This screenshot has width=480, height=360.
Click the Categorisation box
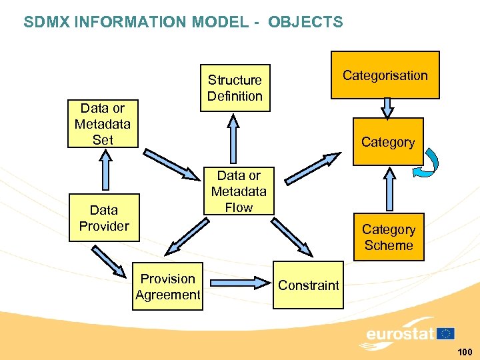click(385, 75)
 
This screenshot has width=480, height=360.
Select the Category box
click(388, 142)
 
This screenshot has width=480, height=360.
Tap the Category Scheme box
click(389, 237)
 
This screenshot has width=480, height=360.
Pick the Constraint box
click(308, 285)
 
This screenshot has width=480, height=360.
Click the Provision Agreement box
click(168, 287)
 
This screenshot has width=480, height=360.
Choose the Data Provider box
click(104, 218)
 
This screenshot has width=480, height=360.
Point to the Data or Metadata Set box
click(103, 124)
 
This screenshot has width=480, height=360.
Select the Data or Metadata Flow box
click(239, 191)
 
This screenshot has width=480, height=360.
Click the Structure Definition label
click(235, 88)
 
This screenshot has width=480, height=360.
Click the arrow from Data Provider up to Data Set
click(104, 170)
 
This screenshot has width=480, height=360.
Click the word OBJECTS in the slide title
click(305, 22)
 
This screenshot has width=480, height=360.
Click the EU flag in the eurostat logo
click(445, 333)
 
